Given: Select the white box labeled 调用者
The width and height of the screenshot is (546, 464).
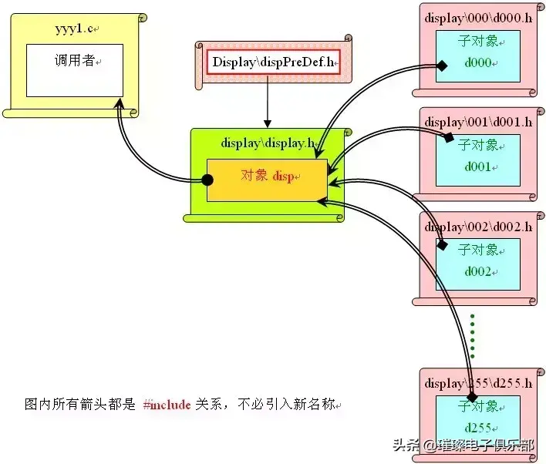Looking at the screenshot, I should point(75,70).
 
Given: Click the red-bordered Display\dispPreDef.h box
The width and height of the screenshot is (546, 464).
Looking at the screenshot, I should point(273,62).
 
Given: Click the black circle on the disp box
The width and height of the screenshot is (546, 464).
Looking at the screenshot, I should point(207,180).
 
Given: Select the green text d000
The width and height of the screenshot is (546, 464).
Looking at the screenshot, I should point(478,62).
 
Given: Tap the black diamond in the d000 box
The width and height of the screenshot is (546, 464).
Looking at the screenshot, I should point(442,66).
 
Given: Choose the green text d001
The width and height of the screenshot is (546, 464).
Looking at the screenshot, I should point(478,166).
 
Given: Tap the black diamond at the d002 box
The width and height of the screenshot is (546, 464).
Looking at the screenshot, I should point(442,246).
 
